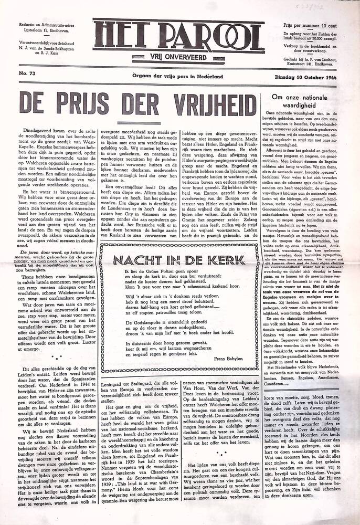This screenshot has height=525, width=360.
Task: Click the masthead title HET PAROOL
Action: point(179,31)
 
